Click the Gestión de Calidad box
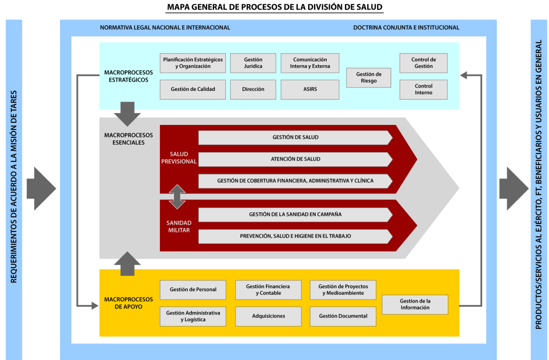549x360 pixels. coord(193,89)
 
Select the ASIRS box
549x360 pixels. coord(310,89)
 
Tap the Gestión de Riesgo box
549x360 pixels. coord(368,78)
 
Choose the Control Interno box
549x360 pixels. coord(423,89)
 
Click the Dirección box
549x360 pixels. coord(253,89)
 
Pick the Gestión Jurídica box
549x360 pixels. coord(253,63)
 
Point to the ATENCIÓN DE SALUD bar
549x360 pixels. coord(295,159)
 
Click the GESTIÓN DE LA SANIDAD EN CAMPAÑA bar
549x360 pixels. coord(295,215)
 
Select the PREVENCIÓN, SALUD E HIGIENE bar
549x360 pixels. coord(295,236)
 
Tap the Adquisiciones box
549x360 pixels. coord(268,316)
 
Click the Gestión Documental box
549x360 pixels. coord(343,316)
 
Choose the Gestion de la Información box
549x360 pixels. coord(415,305)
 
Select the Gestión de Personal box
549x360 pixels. coord(193,290)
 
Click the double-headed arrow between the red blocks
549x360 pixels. coord(177,197)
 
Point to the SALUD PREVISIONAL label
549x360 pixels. coord(179,158)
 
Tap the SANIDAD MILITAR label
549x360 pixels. coord(179,227)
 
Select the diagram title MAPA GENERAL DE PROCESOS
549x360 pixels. coord(274,7)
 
